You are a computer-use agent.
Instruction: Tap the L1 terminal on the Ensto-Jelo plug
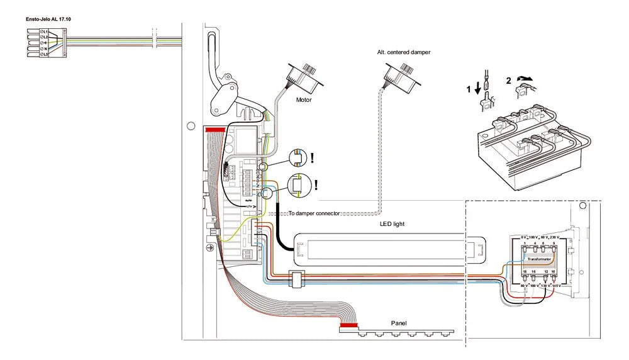click(44, 31)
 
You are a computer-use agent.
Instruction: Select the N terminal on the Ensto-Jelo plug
click(44, 48)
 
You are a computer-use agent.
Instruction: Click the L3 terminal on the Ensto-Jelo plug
click(44, 55)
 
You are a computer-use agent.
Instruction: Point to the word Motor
click(304, 99)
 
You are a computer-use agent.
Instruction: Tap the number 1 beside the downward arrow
click(467, 90)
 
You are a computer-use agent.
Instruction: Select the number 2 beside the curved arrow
click(508, 80)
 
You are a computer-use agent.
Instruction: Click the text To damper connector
click(314, 213)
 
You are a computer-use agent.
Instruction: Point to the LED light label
click(392, 223)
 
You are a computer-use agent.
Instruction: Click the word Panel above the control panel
click(399, 323)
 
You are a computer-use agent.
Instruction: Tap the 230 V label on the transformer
click(554, 237)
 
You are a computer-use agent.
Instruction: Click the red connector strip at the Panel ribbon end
click(348, 326)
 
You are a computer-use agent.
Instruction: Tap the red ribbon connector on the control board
click(216, 128)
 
